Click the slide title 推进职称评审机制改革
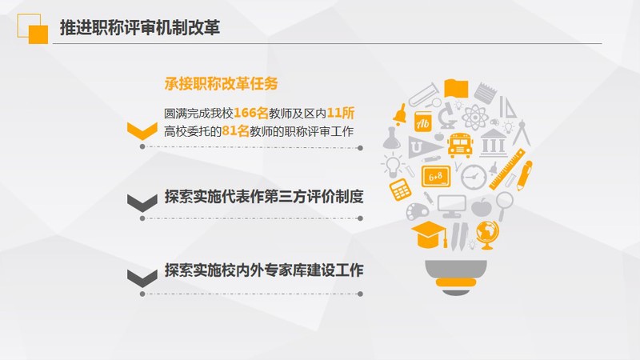[140, 28]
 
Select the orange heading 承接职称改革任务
[222, 84]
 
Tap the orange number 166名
[251, 113]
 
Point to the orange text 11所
[341, 113]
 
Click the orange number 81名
[235, 131]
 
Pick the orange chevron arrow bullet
[142, 130]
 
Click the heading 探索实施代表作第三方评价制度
[264, 197]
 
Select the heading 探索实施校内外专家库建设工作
[264, 270]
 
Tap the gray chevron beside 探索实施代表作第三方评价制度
[142, 203]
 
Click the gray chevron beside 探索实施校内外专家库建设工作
[142, 278]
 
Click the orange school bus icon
[460, 145]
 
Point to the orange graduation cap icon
[429, 234]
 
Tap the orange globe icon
[487, 234]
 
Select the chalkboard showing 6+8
[436, 177]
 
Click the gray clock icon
[474, 177]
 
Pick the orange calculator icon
[400, 190]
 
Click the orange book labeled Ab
[423, 122]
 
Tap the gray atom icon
[475, 118]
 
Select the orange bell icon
[400, 114]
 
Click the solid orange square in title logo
[38, 34]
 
